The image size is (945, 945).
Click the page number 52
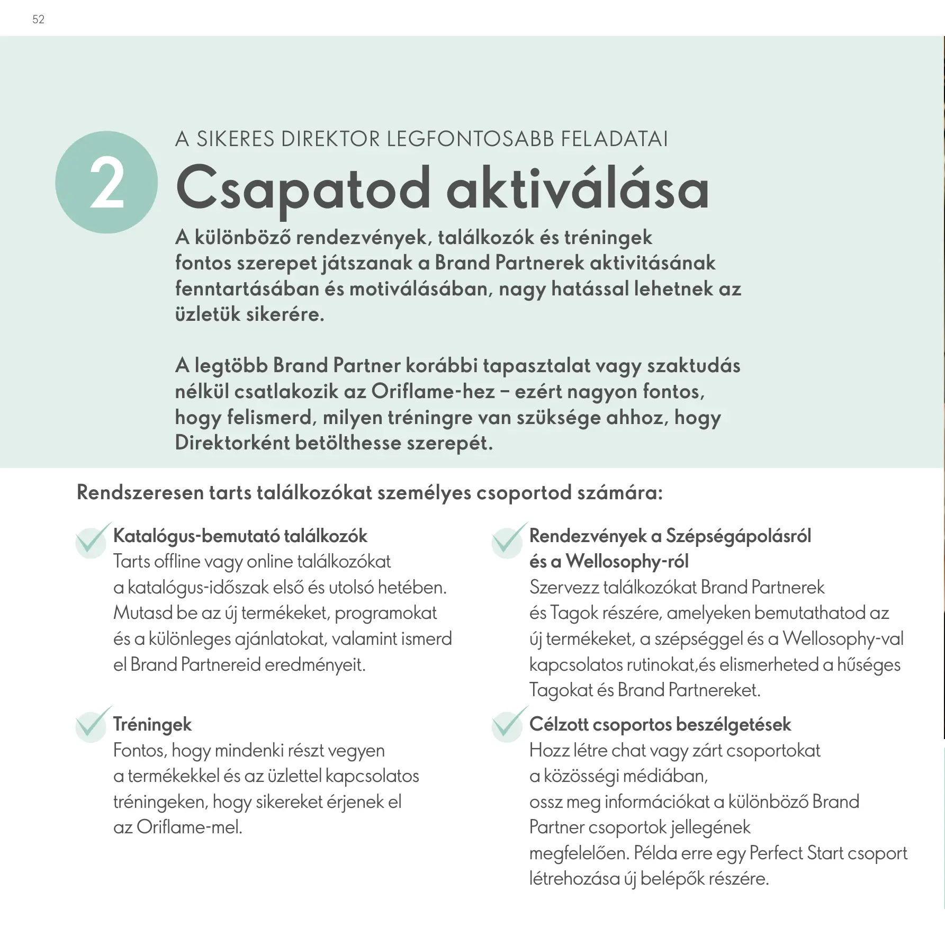(x=38, y=20)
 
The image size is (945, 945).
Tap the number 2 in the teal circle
(x=106, y=183)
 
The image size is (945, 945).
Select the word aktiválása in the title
(x=577, y=188)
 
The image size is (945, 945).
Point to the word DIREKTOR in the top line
(x=331, y=139)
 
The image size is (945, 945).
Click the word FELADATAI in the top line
(x=614, y=139)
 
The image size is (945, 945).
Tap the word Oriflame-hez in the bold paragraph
(x=433, y=392)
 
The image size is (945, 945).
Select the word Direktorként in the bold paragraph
(x=231, y=443)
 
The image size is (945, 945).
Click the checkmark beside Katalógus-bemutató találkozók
(x=92, y=541)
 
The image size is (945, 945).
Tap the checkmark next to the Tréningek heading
(x=92, y=724)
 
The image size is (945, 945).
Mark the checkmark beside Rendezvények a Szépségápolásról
(x=508, y=541)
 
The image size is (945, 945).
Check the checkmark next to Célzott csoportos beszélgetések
(x=508, y=724)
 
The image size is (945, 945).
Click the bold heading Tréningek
(x=152, y=725)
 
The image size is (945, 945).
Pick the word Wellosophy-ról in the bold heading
(x=627, y=562)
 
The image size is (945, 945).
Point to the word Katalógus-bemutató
(x=196, y=536)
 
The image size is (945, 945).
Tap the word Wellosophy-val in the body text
(x=843, y=639)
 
